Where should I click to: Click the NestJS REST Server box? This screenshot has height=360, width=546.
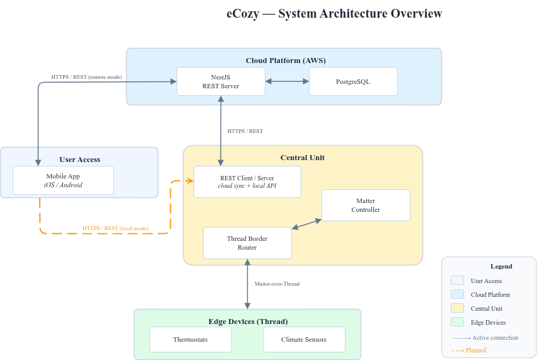point(221,81)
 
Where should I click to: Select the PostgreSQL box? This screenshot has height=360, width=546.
point(353,81)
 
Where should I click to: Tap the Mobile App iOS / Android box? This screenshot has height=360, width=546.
point(63,180)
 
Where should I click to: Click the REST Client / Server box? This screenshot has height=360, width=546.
point(247,182)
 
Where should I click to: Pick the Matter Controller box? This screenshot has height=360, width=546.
point(366,205)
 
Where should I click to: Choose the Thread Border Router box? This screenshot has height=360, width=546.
point(247,243)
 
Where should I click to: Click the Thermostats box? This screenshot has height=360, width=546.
point(190,339)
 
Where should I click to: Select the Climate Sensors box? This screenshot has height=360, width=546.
point(304,339)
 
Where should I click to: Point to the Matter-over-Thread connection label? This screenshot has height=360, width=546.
point(277,284)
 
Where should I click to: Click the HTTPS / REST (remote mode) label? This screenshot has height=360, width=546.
point(87,77)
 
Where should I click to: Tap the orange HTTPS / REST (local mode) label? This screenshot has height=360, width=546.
point(116,228)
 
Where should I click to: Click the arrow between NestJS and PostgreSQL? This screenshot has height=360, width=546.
point(287,81)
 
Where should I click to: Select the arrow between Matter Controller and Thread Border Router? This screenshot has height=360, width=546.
point(306,224)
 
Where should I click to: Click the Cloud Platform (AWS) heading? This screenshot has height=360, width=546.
point(284,61)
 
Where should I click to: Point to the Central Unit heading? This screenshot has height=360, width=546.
point(303,157)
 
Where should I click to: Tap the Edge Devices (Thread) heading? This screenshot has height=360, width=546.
point(247,321)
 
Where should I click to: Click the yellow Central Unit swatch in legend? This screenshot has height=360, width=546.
point(458,308)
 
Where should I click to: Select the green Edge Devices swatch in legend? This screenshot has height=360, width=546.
point(458,322)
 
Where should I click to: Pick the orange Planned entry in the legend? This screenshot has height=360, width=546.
point(469,350)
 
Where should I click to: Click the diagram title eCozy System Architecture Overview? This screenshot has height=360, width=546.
point(334,14)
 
